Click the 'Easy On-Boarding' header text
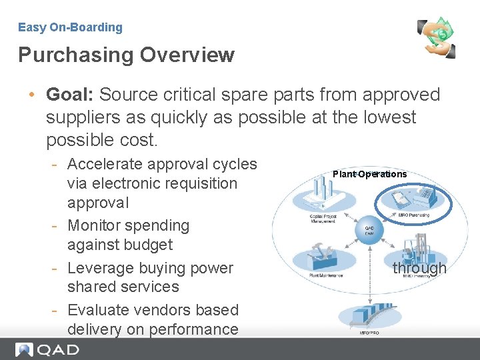tap(70, 27)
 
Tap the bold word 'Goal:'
tap(69, 95)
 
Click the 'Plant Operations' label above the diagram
tap(369, 174)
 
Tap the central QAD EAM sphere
tap(369, 230)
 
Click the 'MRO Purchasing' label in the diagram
tap(413, 215)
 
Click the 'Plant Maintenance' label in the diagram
tap(326, 275)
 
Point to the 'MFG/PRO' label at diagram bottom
tap(369, 332)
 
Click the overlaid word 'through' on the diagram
tap(419, 268)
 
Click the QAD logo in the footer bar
tap(47, 349)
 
